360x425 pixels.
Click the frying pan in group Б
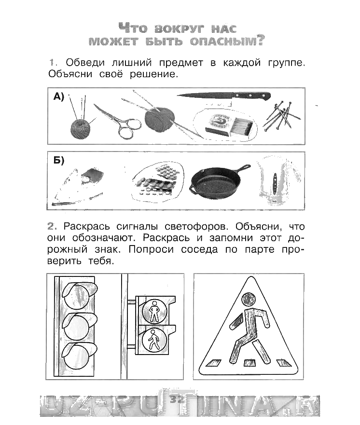217,184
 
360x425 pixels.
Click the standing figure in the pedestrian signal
154,311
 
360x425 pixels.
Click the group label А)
59,97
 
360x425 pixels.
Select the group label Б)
59,161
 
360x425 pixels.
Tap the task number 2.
52,226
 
